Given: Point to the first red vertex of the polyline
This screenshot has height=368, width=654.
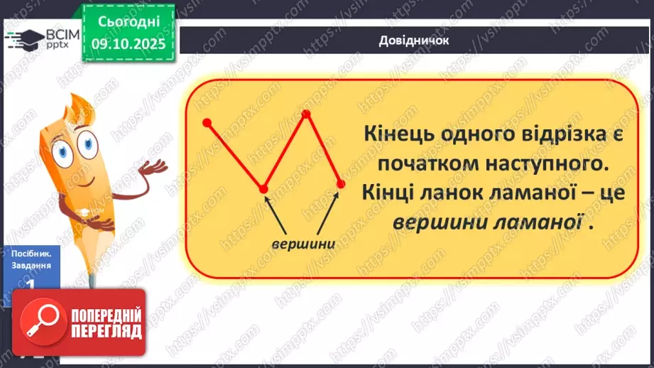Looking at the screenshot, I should pos(207,123).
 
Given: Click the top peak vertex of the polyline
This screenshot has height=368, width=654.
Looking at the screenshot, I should pos(306,113).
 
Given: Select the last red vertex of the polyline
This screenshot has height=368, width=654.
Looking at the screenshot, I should pos(340,184).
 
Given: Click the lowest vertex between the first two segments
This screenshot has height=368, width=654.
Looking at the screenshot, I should pos(263,189).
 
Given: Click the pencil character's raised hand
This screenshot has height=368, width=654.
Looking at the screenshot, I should pos(153,167).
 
